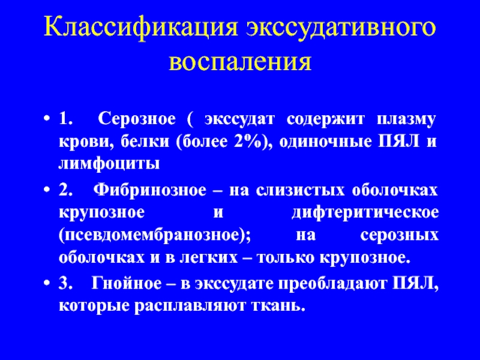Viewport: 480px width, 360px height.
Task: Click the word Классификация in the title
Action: click(x=141, y=28)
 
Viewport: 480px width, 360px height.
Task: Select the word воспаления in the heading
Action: click(x=241, y=62)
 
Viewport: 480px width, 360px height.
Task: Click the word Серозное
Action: click(x=137, y=119)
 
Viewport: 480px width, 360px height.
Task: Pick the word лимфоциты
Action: click(x=109, y=164)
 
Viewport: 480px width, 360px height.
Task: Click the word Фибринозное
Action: click(x=149, y=190)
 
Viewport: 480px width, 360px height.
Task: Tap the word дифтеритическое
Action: click(x=365, y=213)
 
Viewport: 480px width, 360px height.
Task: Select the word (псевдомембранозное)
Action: click(x=155, y=236)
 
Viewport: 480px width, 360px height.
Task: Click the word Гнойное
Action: click(x=127, y=283)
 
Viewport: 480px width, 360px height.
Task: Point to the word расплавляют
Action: click(x=190, y=306)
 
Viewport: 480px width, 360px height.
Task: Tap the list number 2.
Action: click(x=65, y=190)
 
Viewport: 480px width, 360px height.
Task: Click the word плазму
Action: click(x=406, y=120)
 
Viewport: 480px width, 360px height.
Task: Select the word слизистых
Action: click(x=300, y=190)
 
